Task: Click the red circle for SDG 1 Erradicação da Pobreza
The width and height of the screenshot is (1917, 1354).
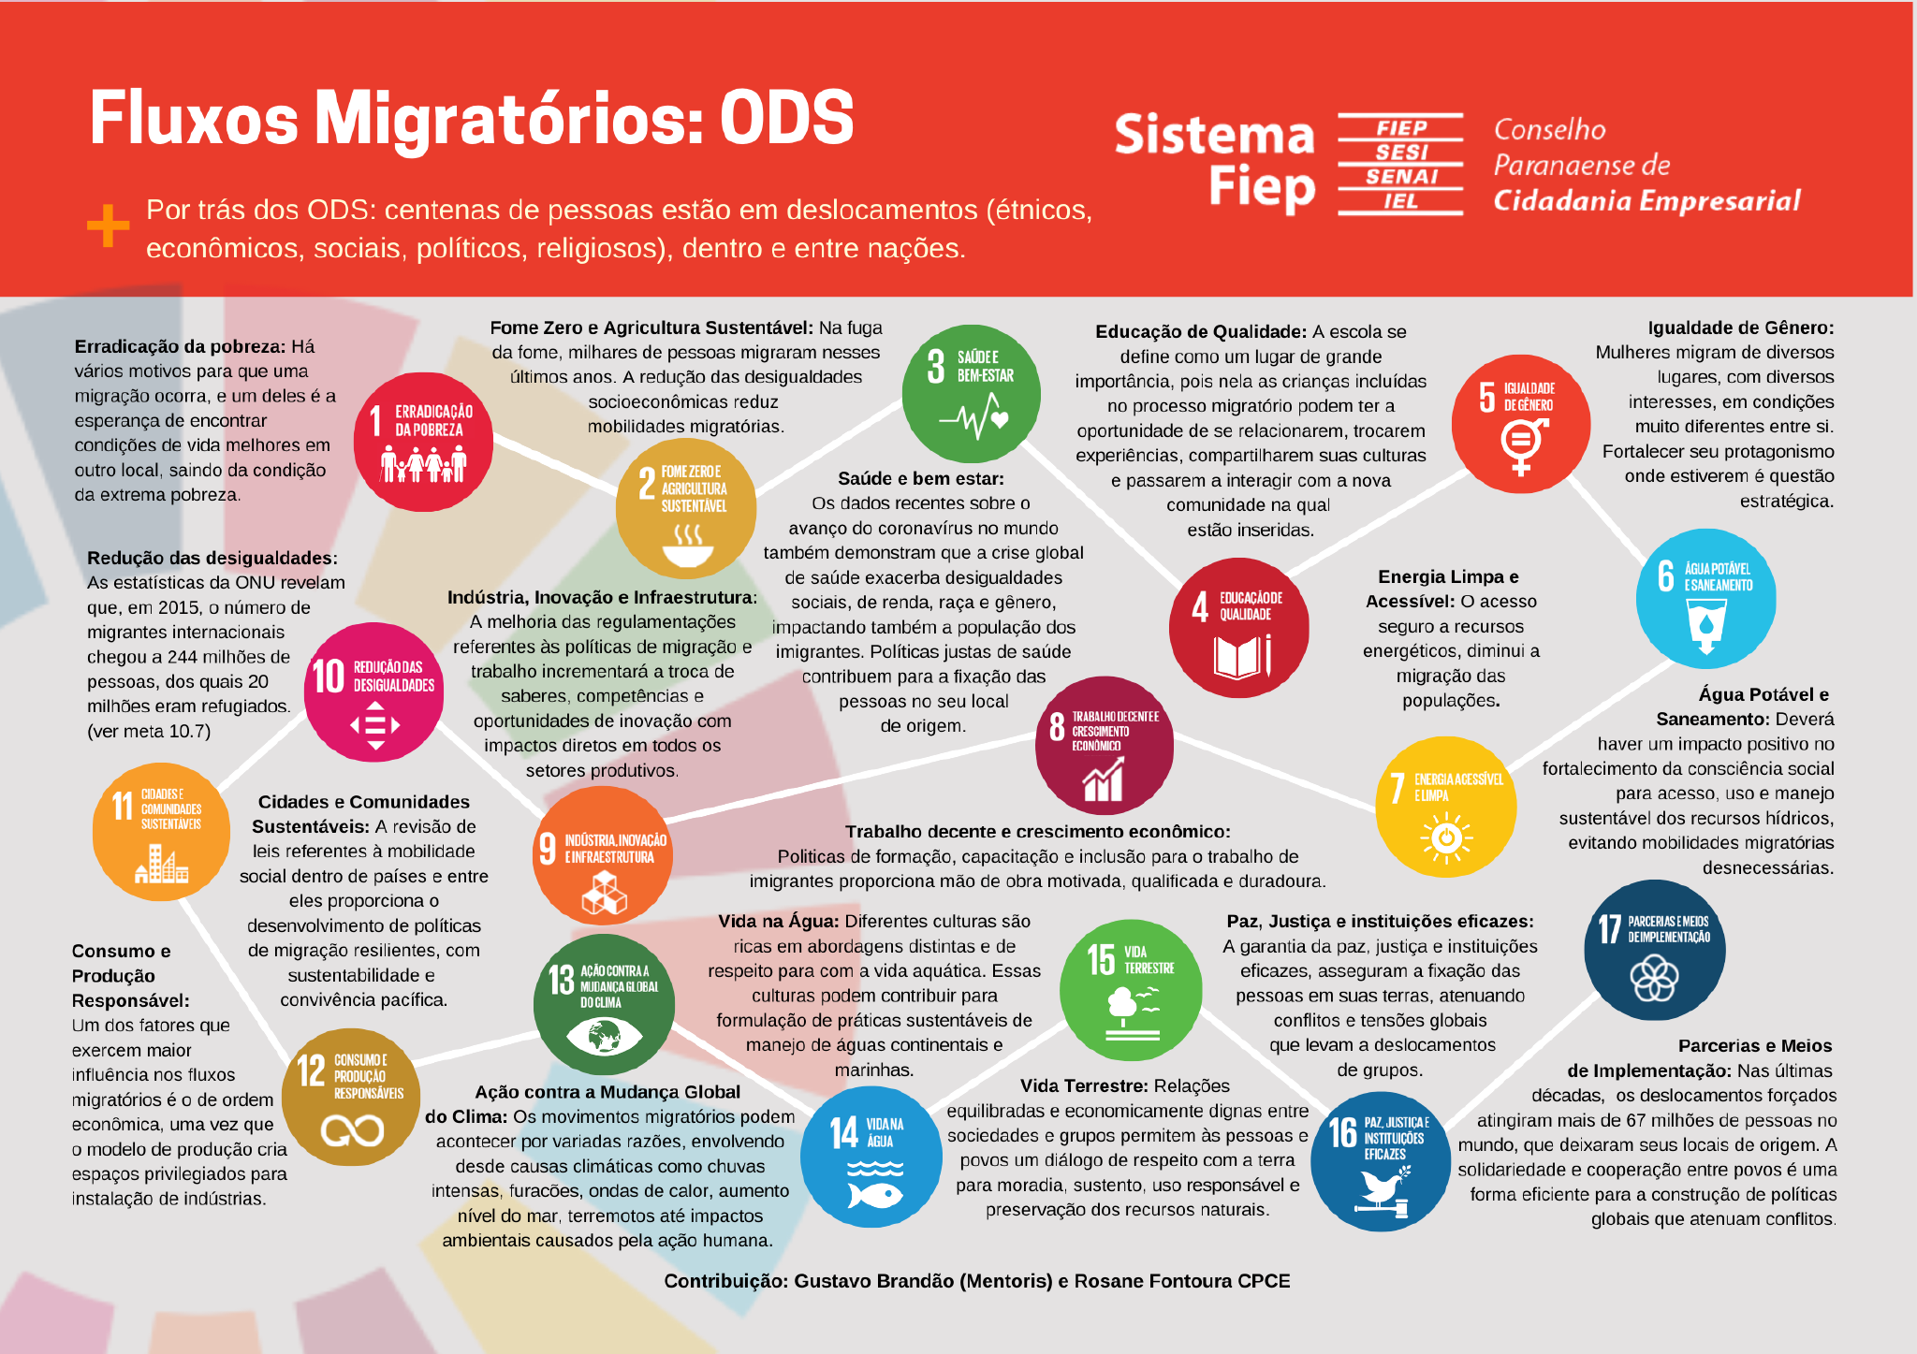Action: pyautogui.click(x=423, y=443)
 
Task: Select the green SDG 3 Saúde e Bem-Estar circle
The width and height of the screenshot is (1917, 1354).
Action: pyautogui.click(x=971, y=393)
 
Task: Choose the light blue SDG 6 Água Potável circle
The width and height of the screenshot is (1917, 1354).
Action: pyautogui.click(x=1705, y=598)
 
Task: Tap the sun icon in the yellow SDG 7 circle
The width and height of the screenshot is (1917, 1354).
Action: pyautogui.click(x=1446, y=836)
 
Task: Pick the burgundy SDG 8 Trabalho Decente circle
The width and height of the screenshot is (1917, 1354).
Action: pyautogui.click(x=1105, y=745)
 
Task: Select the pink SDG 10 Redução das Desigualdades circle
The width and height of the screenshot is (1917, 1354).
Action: pyautogui.click(x=374, y=692)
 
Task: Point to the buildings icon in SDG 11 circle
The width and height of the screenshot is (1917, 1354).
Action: pyautogui.click(x=161, y=864)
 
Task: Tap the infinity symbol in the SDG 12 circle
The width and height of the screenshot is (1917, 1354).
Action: pyautogui.click(x=352, y=1130)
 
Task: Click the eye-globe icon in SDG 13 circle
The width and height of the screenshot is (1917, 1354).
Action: pyautogui.click(x=604, y=1036)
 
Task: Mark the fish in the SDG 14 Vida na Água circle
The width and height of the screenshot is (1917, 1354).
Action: pyautogui.click(x=874, y=1194)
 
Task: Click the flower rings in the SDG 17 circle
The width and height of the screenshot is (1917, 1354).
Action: pyautogui.click(x=1654, y=979)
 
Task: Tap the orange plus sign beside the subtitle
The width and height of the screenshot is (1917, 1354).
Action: pyautogui.click(x=109, y=226)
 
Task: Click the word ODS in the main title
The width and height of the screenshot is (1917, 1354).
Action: pyautogui.click(x=786, y=119)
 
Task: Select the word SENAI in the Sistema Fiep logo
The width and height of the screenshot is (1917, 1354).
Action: pyautogui.click(x=1400, y=177)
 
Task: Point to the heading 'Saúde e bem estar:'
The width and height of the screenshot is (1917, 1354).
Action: pyautogui.click(x=921, y=478)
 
